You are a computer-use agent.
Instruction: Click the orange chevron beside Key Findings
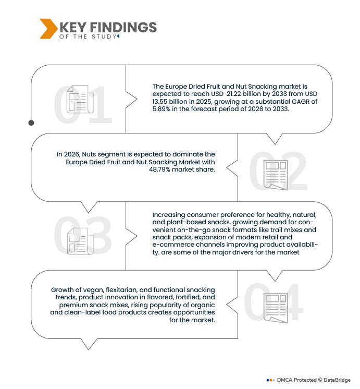point(48,29)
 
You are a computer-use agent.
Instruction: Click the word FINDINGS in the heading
point(123,27)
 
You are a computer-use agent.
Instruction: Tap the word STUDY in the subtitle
point(104,37)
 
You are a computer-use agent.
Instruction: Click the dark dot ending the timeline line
point(31,123)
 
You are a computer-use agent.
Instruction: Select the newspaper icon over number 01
point(80,99)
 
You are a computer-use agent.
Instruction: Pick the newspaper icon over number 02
point(276,175)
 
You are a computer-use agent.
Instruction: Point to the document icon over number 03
point(80,241)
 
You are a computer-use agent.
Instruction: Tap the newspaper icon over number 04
point(276,308)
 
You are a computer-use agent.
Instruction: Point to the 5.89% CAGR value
point(162,109)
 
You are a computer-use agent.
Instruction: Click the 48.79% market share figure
point(159,169)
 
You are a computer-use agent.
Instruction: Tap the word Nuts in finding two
point(88,154)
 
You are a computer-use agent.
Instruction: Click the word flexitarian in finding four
point(121,290)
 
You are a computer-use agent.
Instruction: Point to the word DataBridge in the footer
point(337,380)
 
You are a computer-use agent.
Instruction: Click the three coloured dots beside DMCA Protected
point(271,380)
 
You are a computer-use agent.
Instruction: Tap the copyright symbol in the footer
point(320,380)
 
